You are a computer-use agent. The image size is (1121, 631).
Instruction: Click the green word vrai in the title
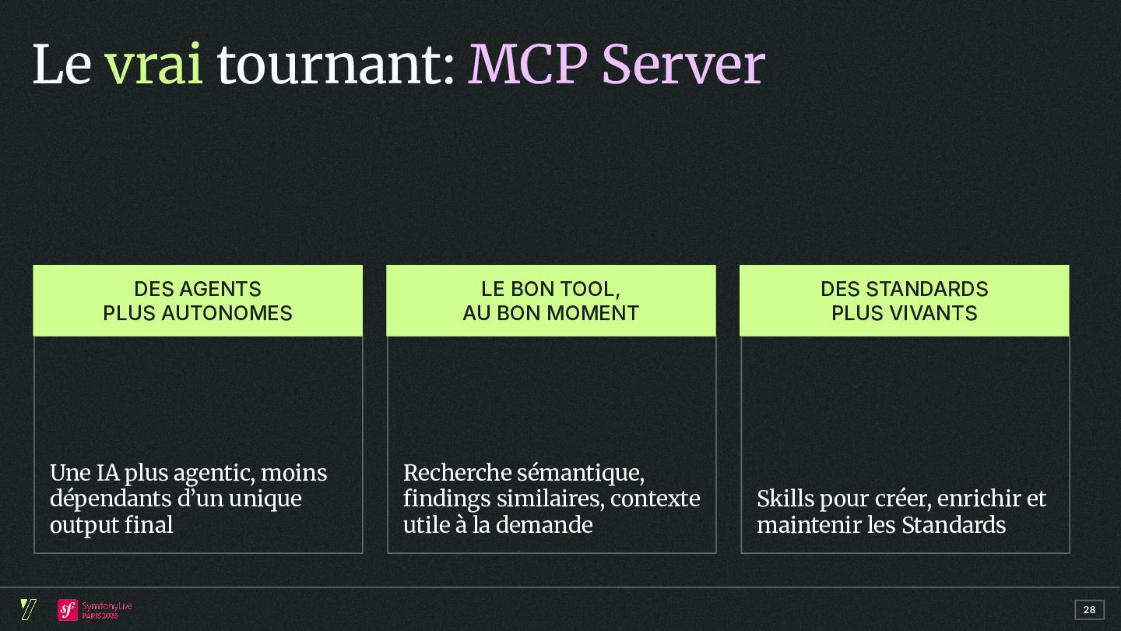coord(153,65)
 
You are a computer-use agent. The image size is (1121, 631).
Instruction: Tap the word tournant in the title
coord(330,65)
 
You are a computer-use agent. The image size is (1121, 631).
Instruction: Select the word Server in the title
coord(683,65)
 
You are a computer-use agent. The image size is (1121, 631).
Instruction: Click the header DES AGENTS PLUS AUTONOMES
coord(198,301)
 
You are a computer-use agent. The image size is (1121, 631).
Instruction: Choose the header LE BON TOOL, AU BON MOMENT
coord(550,301)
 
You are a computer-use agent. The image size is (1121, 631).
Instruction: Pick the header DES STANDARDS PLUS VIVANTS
coord(904,301)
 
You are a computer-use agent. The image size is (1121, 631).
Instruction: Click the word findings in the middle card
coord(447,499)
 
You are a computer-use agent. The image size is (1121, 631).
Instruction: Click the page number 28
coord(1089,610)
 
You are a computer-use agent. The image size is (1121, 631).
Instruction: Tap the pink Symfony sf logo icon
coord(68,610)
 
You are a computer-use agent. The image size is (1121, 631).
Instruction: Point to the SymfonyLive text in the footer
coord(107,606)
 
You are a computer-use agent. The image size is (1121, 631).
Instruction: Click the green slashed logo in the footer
coord(28,609)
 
